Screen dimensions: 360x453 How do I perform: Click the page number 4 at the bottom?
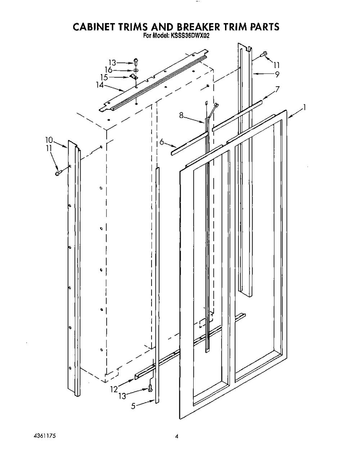pos(177,430)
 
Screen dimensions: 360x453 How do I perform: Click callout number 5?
pos(133,406)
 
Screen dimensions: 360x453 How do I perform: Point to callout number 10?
pos(49,140)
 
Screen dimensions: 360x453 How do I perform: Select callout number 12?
pos(114,389)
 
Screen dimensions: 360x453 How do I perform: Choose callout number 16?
pos(109,70)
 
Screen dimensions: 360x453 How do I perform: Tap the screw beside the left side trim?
pos(58,173)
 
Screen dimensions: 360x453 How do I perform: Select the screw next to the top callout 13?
pos(136,62)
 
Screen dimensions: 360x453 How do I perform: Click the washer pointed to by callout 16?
pos(136,70)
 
